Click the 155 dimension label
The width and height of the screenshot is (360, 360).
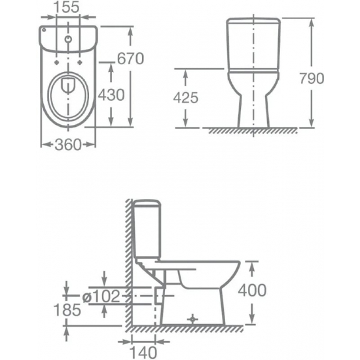[x=67, y=7]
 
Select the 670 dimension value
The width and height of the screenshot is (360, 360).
[x=130, y=58]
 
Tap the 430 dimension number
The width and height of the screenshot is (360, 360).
[x=111, y=95]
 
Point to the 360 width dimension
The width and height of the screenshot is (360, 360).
[x=68, y=145]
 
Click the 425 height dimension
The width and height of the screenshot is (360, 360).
[x=186, y=98]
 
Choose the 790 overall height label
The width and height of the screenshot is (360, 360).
[x=312, y=79]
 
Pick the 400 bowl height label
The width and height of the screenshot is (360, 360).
[x=252, y=290]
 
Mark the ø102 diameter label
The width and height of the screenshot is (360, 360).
[x=101, y=296]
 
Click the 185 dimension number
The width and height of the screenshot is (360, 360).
[x=67, y=310]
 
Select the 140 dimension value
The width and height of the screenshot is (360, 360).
[x=143, y=352]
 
